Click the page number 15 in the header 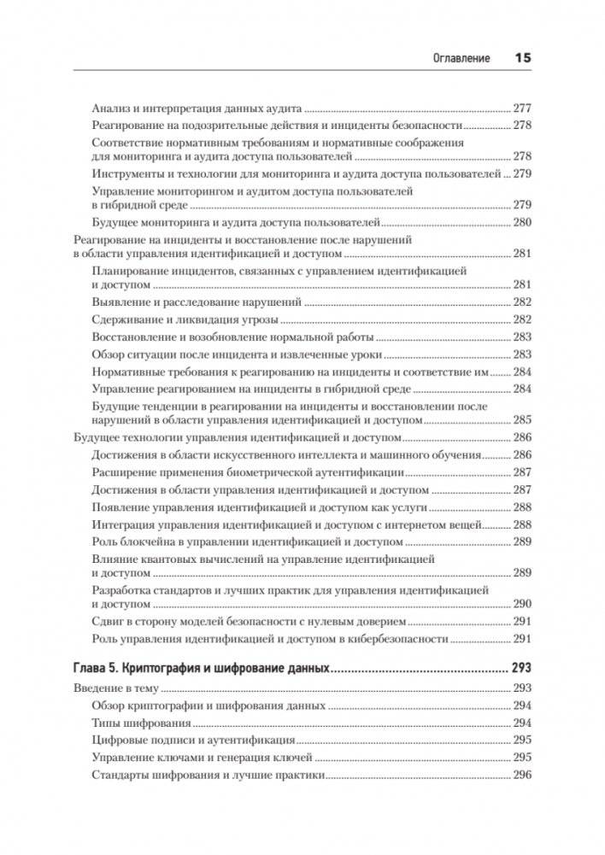[522, 59]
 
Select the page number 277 [521, 109]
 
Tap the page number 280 [521, 223]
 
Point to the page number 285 [521, 420]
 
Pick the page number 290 [521, 603]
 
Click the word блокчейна [150, 542]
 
